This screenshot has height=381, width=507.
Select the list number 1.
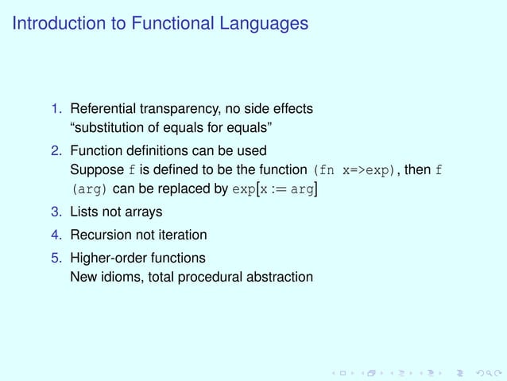(57, 108)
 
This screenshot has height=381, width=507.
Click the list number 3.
(57, 213)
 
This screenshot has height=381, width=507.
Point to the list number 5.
(57, 258)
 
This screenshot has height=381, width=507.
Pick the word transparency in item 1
(176, 108)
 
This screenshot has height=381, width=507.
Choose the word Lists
(84, 213)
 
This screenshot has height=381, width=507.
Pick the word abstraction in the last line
(277, 277)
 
